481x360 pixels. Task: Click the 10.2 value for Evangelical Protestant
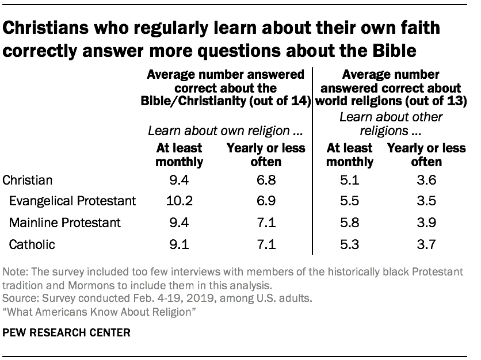pos(179,201)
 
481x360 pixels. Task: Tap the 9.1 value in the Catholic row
pos(179,244)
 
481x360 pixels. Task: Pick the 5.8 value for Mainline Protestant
pos(349,223)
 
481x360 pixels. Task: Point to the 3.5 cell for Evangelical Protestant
pos(426,201)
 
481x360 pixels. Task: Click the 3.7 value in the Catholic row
pos(426,244)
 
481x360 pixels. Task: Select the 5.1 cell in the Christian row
pos(349,179)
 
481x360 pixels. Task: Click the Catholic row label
pos(32,244)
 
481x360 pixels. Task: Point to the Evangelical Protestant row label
pos(72,201)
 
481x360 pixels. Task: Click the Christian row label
pos(28,179)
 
